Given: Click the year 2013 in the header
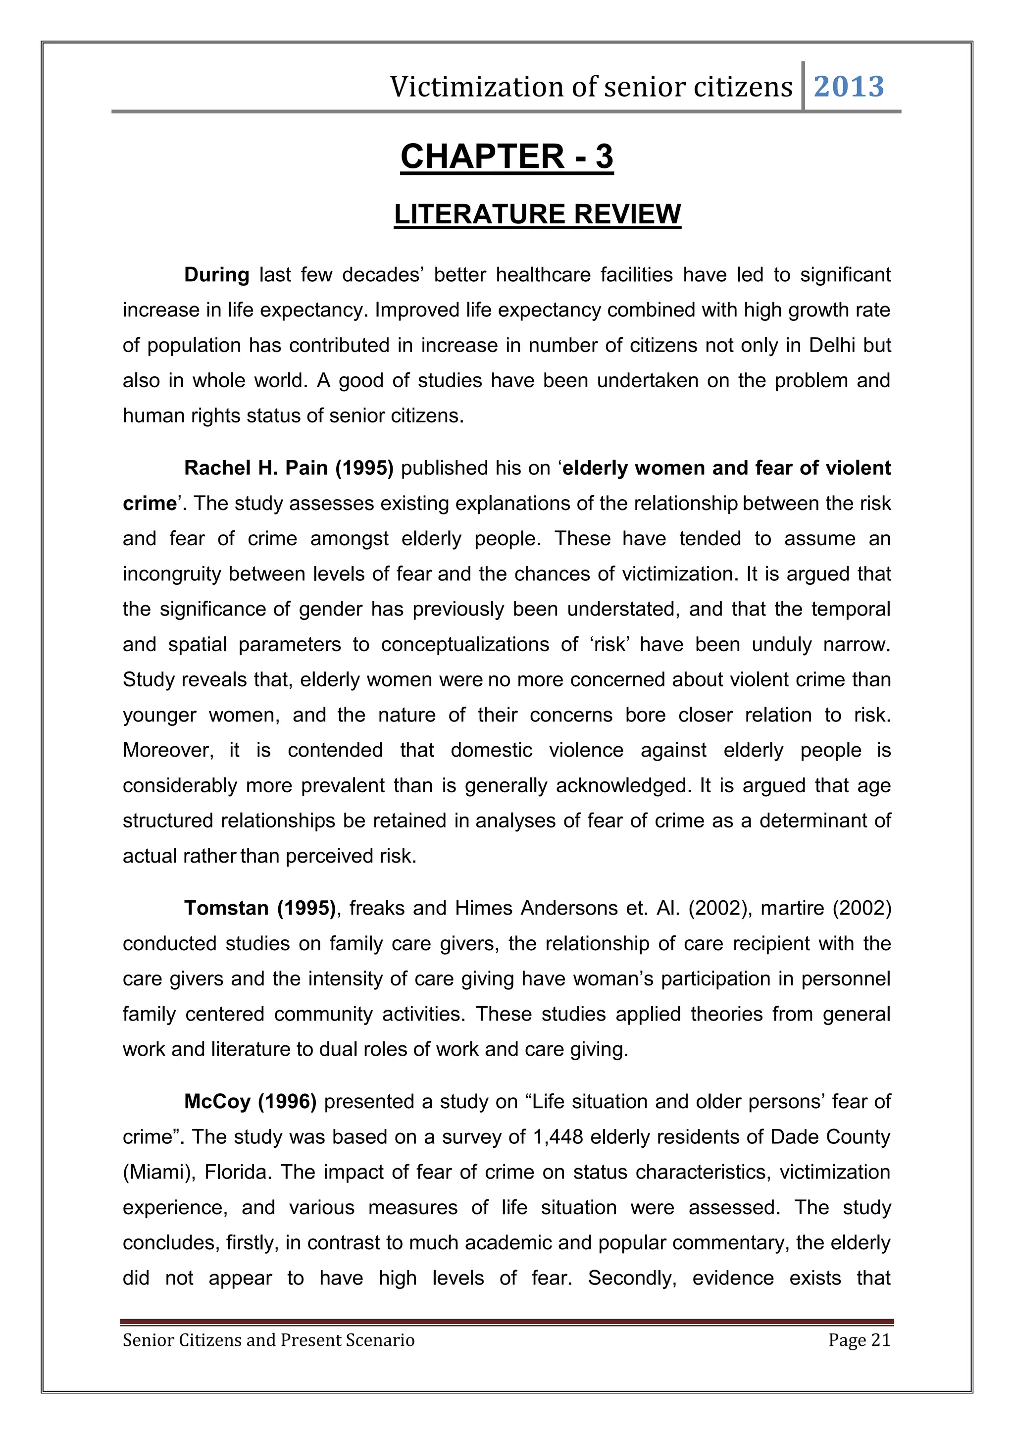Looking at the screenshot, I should pyautogui.click(x=849, y=87).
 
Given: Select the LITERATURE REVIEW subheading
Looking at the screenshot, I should pyautogui.click(x=537, y=214).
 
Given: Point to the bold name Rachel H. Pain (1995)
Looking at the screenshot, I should pyautogui.click(x=289, y=468).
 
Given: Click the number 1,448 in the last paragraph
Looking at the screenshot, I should pyautogui.click(x=558, y=1137).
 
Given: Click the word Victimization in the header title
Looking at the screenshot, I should pyautogui.click(x=475, y=87).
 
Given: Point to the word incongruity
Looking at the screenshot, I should pyautogui.click(x=172, y=574).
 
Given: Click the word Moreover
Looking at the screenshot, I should pyautogui.click(x=168, y=750).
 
